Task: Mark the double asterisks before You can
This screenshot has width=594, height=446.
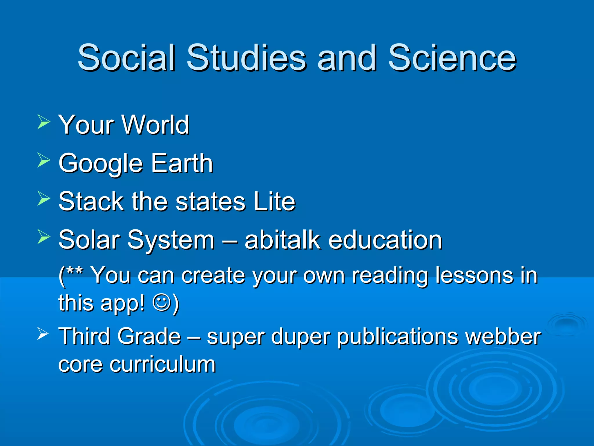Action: (x=75, y=271)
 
